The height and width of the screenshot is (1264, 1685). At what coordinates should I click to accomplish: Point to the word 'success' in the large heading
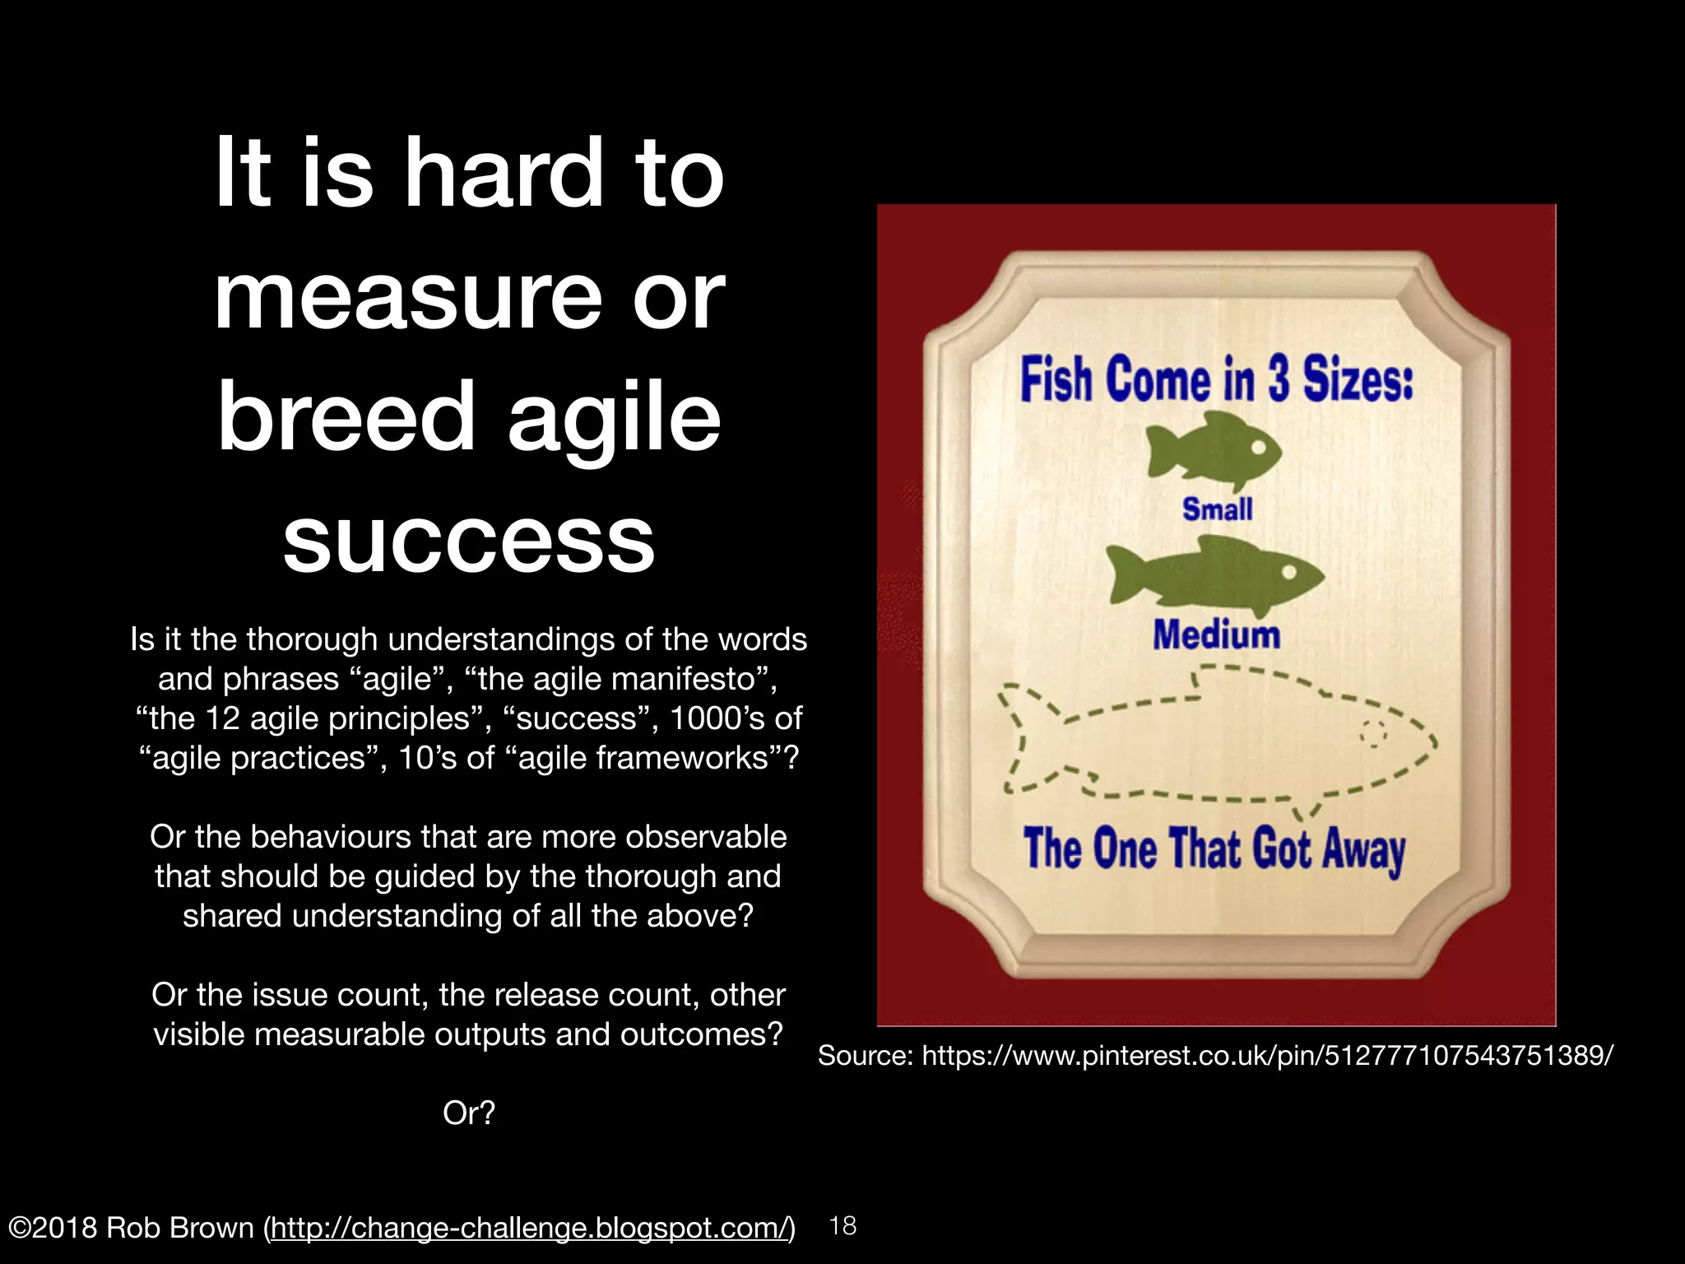pos(469,539)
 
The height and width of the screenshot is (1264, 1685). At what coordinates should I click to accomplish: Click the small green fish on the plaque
pos(1214,450)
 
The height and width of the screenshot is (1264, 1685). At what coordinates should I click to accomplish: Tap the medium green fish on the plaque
pos(1215,575)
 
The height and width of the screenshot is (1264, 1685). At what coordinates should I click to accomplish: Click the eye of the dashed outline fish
pos(1372,732)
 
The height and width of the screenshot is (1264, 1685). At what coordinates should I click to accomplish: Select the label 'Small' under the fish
pos(1218,509)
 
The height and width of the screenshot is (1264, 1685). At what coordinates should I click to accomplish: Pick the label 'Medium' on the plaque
pos(1216,635)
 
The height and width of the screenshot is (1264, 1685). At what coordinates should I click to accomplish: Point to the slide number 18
pos(842,1226)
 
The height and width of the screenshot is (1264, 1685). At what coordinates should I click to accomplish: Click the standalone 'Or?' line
pos(469,1113)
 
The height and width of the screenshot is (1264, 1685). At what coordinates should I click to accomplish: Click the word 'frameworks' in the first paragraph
pos(685,758)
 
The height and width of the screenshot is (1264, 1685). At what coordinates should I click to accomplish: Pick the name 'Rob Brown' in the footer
pos(180,1228)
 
